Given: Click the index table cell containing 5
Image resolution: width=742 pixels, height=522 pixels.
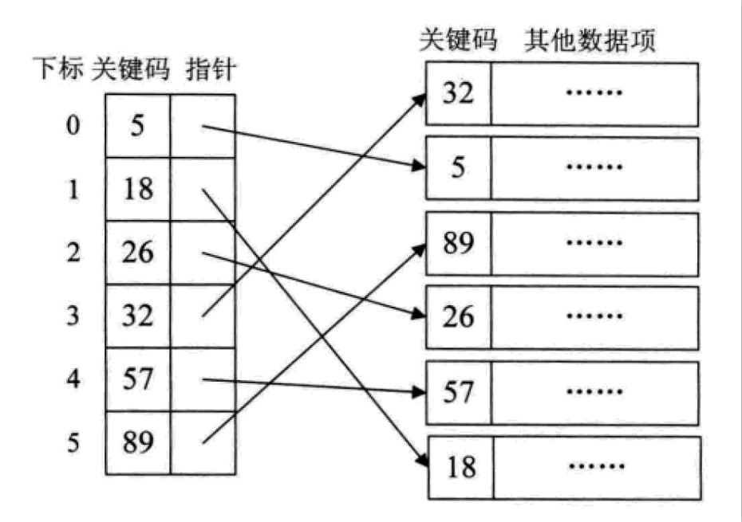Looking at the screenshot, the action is click(137, 126).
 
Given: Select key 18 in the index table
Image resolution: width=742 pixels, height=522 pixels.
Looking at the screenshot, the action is click(138, 189).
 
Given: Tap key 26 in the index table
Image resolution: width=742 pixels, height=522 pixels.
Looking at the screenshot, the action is click(138, 252).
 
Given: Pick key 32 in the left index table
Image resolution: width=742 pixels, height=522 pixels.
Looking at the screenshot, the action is click(138, 316).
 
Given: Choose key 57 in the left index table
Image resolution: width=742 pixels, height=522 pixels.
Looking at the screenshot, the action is click(138, 379).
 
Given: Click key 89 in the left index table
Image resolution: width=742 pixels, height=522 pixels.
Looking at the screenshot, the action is click(138, 442).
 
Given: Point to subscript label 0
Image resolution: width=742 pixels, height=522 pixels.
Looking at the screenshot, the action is click(73, 126).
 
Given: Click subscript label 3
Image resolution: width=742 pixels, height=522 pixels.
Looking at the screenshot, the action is click(73, 316).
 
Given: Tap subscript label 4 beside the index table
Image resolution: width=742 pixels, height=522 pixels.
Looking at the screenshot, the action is click(73, 379).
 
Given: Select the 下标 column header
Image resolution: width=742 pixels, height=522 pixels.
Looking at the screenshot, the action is click(58, 69).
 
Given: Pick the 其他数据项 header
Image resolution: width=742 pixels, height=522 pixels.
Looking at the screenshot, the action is click(590, 40).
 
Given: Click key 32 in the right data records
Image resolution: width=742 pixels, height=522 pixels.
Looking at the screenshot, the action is click(458, 93).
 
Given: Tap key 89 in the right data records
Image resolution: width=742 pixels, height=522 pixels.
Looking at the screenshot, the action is click(458, 244).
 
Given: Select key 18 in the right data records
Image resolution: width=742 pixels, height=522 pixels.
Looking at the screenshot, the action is click(461, 468).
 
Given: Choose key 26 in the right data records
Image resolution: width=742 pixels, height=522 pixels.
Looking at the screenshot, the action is click(458, 317).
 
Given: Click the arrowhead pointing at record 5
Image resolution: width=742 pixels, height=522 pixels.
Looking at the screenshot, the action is click(418, 166).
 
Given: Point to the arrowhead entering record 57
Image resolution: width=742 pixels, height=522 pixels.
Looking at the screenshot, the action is click(419, 391).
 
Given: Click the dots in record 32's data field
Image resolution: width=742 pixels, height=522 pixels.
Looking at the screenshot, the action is click(594, 92).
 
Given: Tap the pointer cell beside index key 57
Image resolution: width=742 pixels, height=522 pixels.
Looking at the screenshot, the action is click(203, 379).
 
